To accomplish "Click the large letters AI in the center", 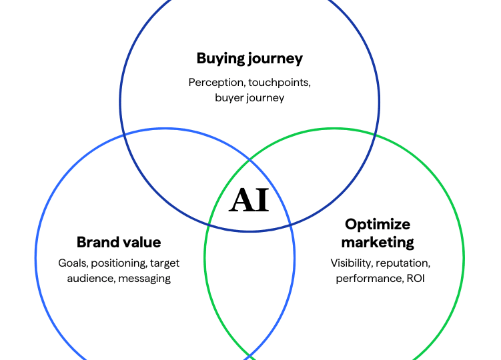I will click(249, 200).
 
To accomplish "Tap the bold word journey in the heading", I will click(276, 59).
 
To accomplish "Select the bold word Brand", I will click(98, 242).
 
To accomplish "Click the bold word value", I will click(141, 242).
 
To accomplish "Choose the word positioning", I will click(118, 263).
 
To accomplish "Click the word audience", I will click(89, 278).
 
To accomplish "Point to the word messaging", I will click(144, 278).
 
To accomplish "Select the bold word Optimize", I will click(378, 224).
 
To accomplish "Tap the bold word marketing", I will click(378, 242).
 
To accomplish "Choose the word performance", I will click(368, 278).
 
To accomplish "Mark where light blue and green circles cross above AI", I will click(249, 160).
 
